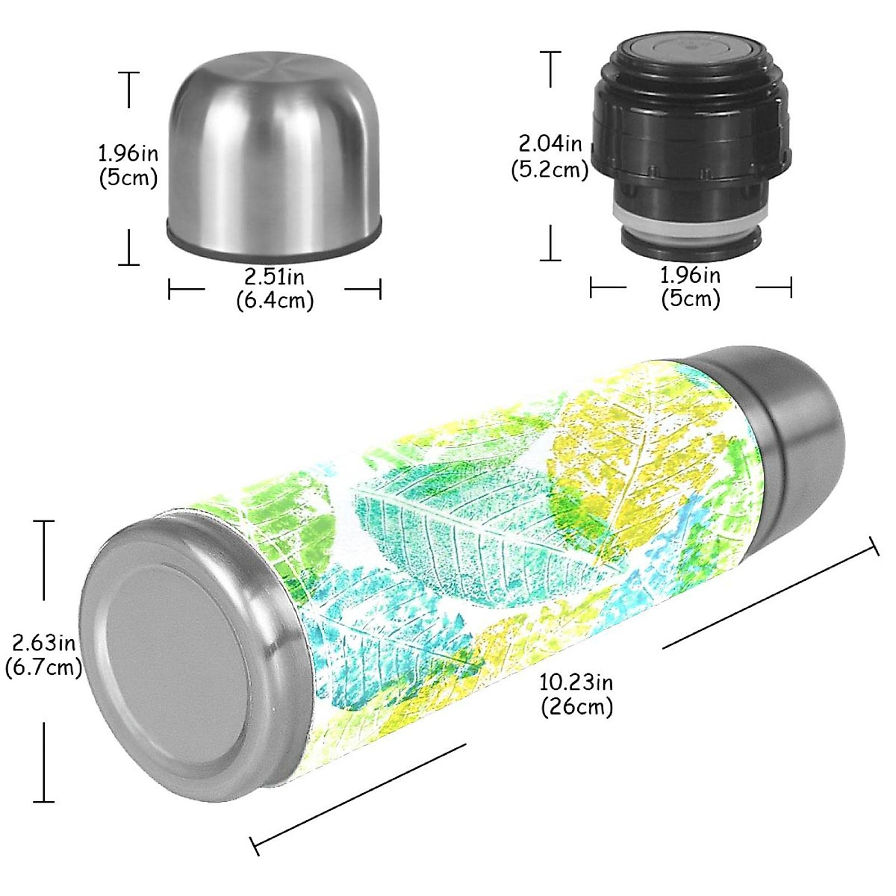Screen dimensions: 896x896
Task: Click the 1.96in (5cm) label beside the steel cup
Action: [x=128, y=166]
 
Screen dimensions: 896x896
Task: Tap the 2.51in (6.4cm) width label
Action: [x=275, y=288]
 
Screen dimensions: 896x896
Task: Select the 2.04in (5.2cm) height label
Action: [x=550, y=156]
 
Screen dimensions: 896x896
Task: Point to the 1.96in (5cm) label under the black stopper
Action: [x=691, y=287]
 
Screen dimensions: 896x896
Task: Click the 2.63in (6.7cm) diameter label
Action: [x=43, y=654]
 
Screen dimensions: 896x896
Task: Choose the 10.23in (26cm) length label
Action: [x=576, y=694]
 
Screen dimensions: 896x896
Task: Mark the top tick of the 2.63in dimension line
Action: [x=43, y=521]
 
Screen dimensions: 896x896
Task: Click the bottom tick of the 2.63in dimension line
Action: [x=43, y=801]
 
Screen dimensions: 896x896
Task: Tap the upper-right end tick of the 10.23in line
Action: [x=875, y=547]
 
